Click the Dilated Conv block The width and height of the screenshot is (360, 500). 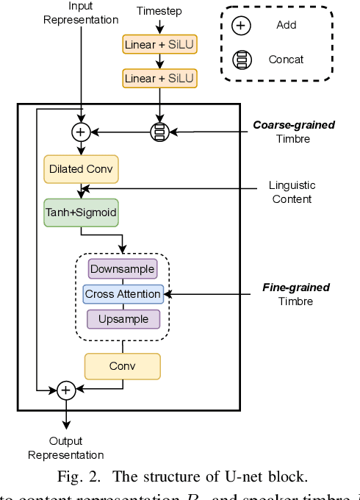[x=81, y=169]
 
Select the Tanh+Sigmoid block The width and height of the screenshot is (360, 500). [x=81, y=213]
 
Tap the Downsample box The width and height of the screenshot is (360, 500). [x=123, y=269]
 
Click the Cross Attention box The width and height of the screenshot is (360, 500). [x=123, y=294]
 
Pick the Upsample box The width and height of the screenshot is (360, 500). [x=123, y=319]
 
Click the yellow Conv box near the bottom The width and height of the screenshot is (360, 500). [x=123, y=366]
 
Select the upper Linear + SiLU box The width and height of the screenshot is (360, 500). [x=159, y=45]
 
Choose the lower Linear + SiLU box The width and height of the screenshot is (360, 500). [x=159, y=78]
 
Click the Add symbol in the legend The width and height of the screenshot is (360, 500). [x=241, y=26]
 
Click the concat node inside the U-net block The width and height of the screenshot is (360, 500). [x=159, y=132]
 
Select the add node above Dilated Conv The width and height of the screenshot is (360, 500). [x=80, y=132]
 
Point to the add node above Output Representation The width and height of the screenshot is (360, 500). [x=66, y=390]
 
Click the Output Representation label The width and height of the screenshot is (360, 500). [x=66, y=448]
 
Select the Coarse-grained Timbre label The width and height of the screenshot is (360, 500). [x=294, y=132]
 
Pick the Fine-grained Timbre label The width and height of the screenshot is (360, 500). [x=295, y=294]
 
